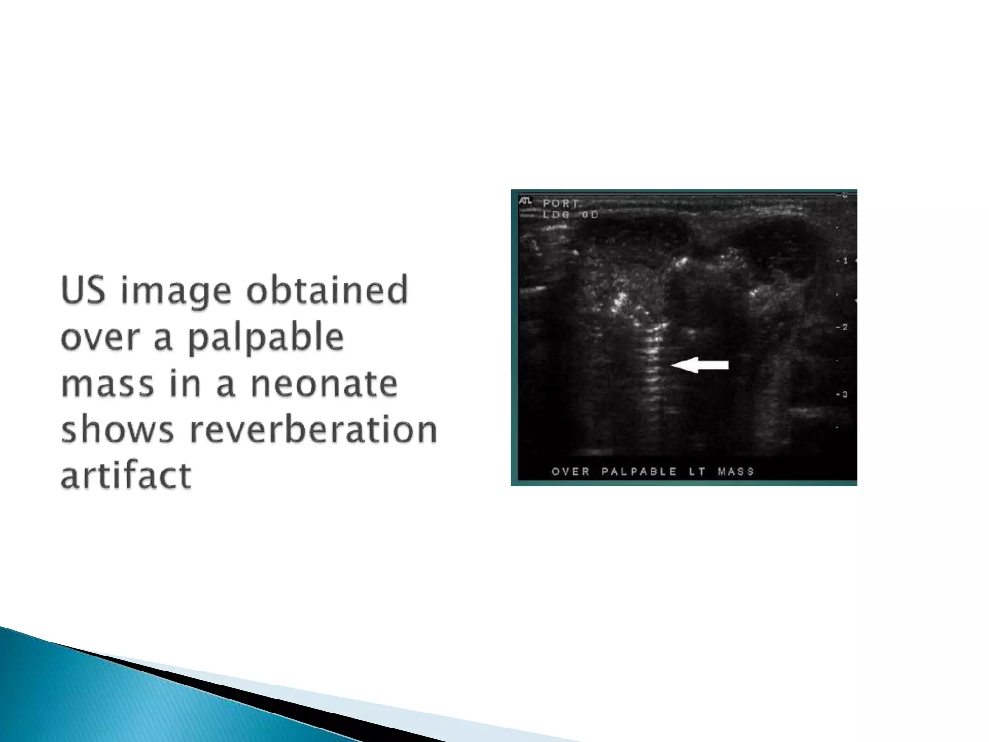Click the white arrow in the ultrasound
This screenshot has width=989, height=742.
(700, 365)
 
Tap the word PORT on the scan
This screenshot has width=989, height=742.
(561, 203)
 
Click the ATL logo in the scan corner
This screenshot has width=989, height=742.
(525, 200)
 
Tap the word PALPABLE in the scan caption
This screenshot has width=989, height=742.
(639, 471)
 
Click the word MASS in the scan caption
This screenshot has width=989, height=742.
(735, 471)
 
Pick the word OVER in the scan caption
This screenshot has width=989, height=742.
(571, 471)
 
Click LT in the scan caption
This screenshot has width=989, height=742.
(697, 471)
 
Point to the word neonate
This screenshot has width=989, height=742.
(324, 384)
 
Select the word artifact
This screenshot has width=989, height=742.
(126, 476)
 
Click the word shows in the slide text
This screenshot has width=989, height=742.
(117, 429)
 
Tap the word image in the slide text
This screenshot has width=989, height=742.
(176, 292)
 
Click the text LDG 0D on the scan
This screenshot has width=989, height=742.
(570, 215)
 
